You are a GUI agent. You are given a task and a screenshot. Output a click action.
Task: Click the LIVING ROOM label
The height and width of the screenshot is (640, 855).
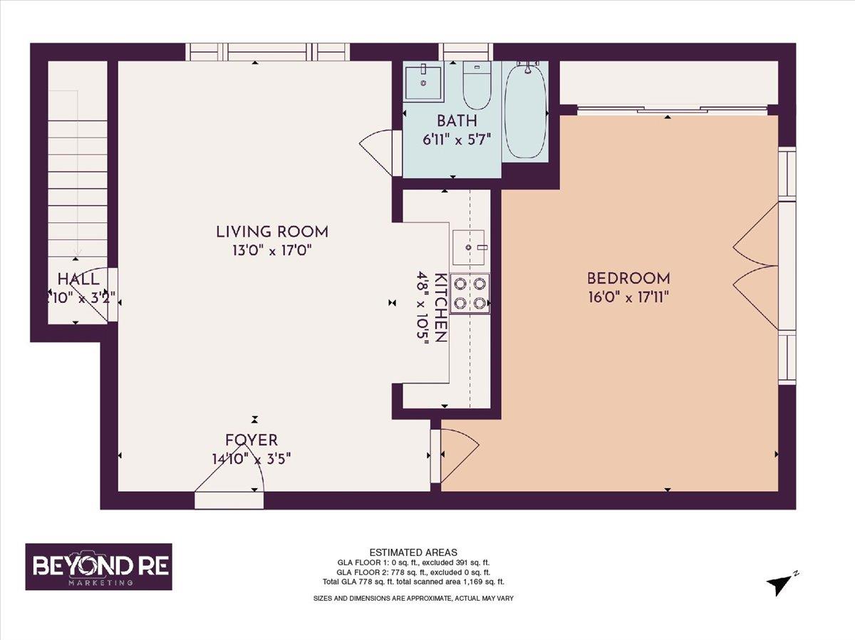click(271, 232)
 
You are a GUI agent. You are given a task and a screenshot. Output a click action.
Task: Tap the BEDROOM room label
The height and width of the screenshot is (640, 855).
click(628, 278)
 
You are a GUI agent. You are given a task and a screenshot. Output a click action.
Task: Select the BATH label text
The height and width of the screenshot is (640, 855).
click(457, 120)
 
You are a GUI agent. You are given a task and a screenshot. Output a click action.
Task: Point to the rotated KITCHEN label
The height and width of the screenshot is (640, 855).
click(440, 307)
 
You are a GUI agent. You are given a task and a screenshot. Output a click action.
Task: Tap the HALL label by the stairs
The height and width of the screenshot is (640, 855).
click(78, 279)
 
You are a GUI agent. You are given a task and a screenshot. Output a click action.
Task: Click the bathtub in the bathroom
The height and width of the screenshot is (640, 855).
click(525, 110)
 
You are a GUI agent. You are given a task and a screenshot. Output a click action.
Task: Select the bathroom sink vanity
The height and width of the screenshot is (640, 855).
click(423, 82)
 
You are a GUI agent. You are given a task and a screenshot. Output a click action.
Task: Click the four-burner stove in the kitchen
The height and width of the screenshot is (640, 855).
click(470, 293)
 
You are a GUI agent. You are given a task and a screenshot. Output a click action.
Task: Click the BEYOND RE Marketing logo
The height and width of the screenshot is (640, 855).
click(98, 567)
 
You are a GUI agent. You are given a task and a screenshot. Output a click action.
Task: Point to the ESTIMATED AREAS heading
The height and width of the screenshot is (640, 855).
click(413, 552)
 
